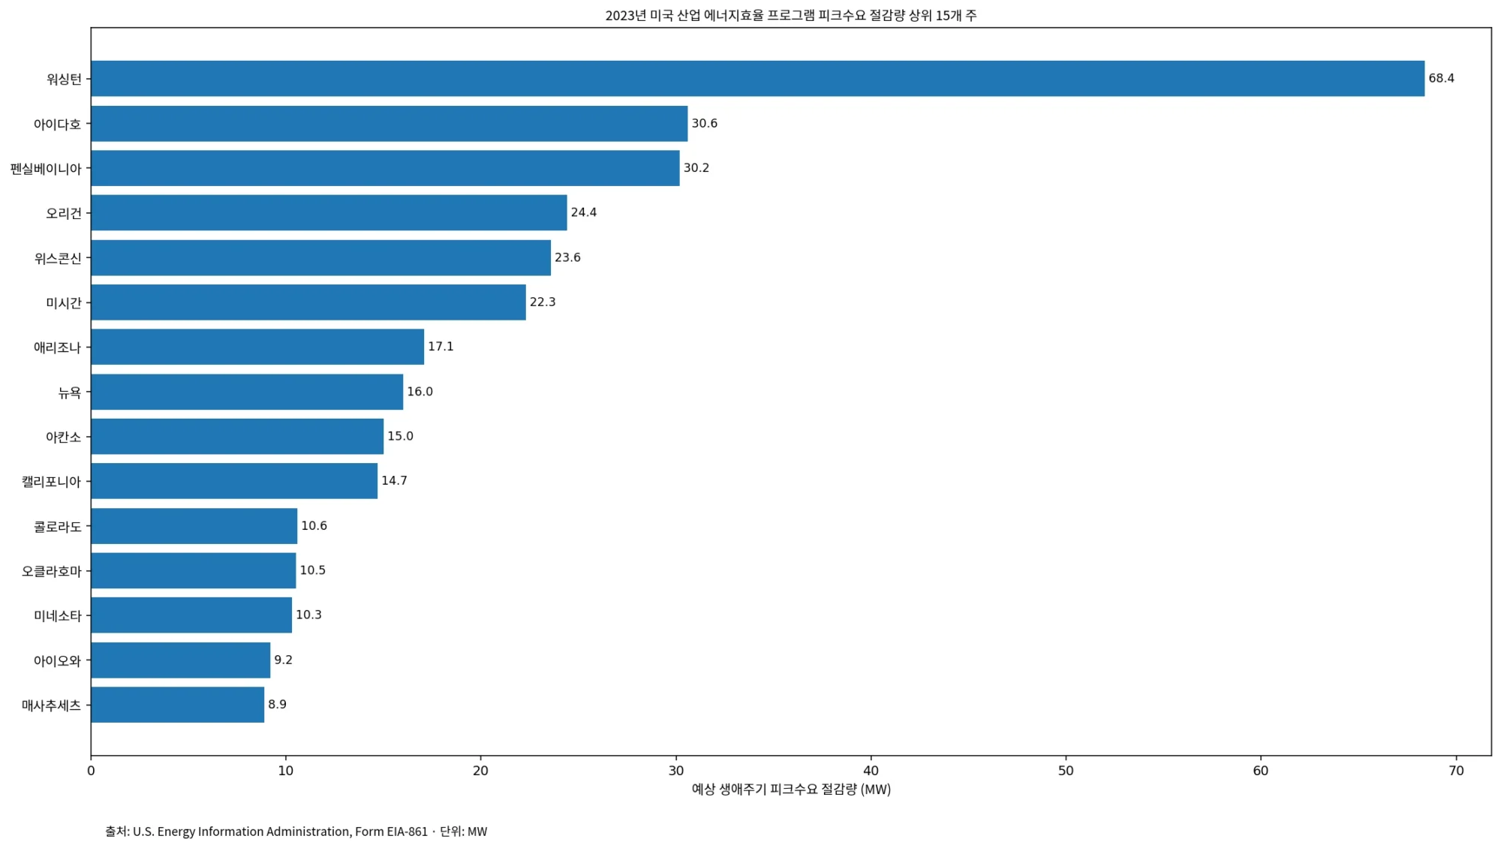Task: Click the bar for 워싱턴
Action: click(757, 78)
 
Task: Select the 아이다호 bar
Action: click(389, 123)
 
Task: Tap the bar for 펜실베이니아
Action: click(385, 168)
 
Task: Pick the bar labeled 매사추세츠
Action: click(177, 705)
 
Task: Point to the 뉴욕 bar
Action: click(247, 392)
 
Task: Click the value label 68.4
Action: click(1441, 78)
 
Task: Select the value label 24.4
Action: click(583, 212)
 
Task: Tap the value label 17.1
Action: click(441, 347)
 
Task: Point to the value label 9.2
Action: click(283, 660)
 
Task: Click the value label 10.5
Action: click(312, 570)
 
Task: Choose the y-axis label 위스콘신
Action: click(57, 258)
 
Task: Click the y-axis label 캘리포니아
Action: click(51, 481)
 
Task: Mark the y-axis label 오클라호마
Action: click(51, 571)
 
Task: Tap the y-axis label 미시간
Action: click(63, 302)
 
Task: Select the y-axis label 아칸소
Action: click(63, 437)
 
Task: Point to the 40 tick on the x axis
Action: click(871, 771)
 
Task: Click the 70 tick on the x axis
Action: click(1456, 771)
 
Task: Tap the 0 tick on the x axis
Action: click(91, 771)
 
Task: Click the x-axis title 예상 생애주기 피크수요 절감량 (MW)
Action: click(791, 789)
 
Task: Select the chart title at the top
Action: click(791, 15)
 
